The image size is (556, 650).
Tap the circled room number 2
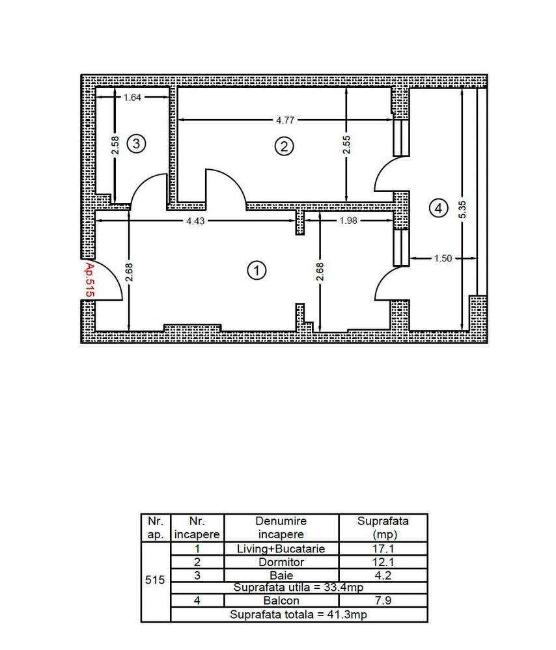tap(283, 146)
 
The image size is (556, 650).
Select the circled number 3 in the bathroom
tap(135, 143)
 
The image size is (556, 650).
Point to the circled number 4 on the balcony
tap(438, 208)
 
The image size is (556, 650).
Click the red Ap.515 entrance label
tap(90, 280)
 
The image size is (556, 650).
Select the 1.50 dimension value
tap(443, 258)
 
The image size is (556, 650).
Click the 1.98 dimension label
tap(348, 221)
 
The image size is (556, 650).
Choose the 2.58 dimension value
tap(115, 144)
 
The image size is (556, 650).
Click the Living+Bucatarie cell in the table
tap(281, 548)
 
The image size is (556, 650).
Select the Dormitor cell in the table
tap(281, 562)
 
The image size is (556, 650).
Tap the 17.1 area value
tap(383, 548)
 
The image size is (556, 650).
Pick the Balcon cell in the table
tap(281, 601)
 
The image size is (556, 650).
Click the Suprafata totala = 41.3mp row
tap(299, 614)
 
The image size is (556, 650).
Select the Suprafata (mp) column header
tap(383, 527)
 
